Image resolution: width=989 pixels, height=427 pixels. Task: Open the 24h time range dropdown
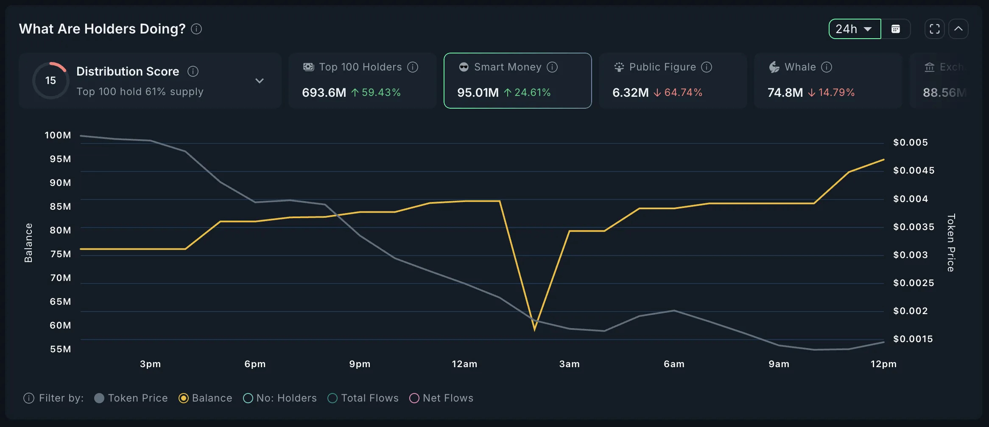[x=855, y=29]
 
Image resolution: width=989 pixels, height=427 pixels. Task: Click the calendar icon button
[x=896, y=29]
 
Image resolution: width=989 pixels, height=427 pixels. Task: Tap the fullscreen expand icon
[x=934, y=29]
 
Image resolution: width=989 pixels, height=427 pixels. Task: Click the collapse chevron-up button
[x=958, y=29]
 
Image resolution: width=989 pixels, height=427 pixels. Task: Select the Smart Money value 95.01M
[x=478, y=93]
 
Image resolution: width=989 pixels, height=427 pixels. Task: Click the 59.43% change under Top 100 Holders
[x=380, y=93]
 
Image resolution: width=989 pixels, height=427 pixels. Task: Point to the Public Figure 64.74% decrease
[x=683, y=93]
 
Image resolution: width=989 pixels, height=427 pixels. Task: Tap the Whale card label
[x=800, y=67]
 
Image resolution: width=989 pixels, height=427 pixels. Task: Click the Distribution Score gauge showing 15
[x=51, y=80]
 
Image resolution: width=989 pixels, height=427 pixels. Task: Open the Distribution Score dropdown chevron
[x=260, y=81]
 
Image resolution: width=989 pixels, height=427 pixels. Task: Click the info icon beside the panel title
[x=196, y=29]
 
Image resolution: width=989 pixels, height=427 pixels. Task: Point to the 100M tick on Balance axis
[x=58, y=135]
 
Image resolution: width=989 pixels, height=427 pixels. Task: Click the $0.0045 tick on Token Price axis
[x=914, y=171]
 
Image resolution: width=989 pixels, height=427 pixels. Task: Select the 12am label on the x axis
[x=464, y=364]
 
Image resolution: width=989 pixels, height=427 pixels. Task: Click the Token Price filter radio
[x=99, y=398]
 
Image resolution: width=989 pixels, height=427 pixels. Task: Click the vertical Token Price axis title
[x=951, y=242]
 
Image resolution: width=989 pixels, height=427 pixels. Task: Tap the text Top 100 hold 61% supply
[x=140, y=92]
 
